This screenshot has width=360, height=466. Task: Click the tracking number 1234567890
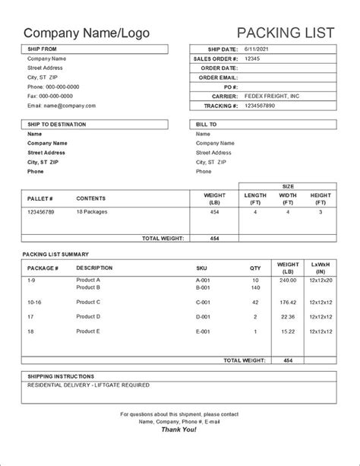tap(260, 106)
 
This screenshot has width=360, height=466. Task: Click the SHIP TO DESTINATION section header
tap(57, 124)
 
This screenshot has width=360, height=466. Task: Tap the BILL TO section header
tap(207, 124)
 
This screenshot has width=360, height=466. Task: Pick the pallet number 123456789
tap(41, 213)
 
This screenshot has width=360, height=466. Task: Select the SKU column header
tap(202, 268)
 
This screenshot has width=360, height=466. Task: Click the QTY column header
tap(255, 268)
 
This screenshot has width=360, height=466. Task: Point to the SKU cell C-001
tap(204, 302)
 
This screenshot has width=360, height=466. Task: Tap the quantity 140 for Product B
tap(255, 287)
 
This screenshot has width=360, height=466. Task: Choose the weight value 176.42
tap(288, 302)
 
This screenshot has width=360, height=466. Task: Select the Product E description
tap(89, 331)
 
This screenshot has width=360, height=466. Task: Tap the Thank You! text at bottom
tap(179, 430)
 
